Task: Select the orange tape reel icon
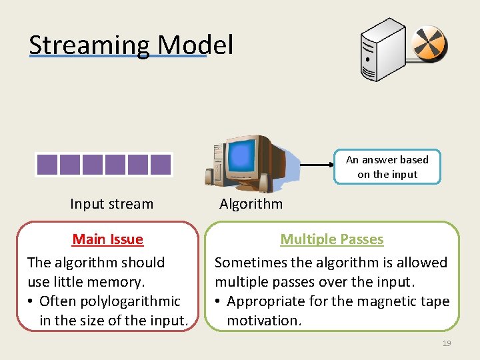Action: pyautogui.click(x=429, y=45)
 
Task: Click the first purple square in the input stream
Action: pyautogui.click(x=47, y=165)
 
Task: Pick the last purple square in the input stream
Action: pyautogui.click(x=161, y=165)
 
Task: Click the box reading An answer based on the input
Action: pyautogui.click(x=387, y=167)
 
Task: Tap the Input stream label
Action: pyautogui.click(x=111, y=204)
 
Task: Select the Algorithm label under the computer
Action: pyautogui.click(x=251, y=204)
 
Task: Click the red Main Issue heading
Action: pyautogui.click(x=107, y=239)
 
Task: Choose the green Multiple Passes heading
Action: pyautogui.click(x=331, y=239)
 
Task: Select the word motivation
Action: pyautogui.click(x=264, y=321)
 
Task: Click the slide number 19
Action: pyautogui.click(x=446, y=343)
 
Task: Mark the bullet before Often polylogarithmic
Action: pyautogui.click(x=31, y=301)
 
